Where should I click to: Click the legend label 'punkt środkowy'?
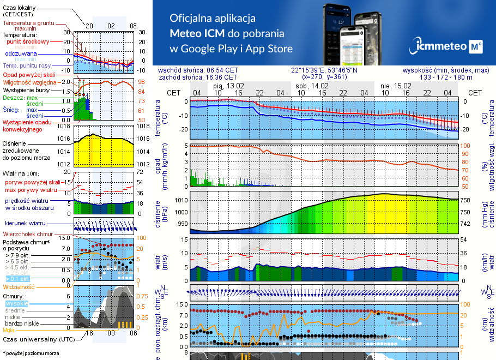(28, 41)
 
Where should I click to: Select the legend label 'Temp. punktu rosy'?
(27, 65)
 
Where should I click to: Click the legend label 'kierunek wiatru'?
(24, 224)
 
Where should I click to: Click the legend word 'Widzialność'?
(19, 286)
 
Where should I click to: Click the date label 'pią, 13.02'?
(228, 86)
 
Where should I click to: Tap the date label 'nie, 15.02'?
(396, 86)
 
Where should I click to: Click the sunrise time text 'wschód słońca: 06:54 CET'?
(197, 70)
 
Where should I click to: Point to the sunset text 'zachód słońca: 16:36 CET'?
(197, 77)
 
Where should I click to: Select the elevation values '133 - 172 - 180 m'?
(446, 77)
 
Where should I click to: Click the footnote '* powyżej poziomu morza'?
(31, 353)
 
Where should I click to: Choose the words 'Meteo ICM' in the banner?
(199, 33)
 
